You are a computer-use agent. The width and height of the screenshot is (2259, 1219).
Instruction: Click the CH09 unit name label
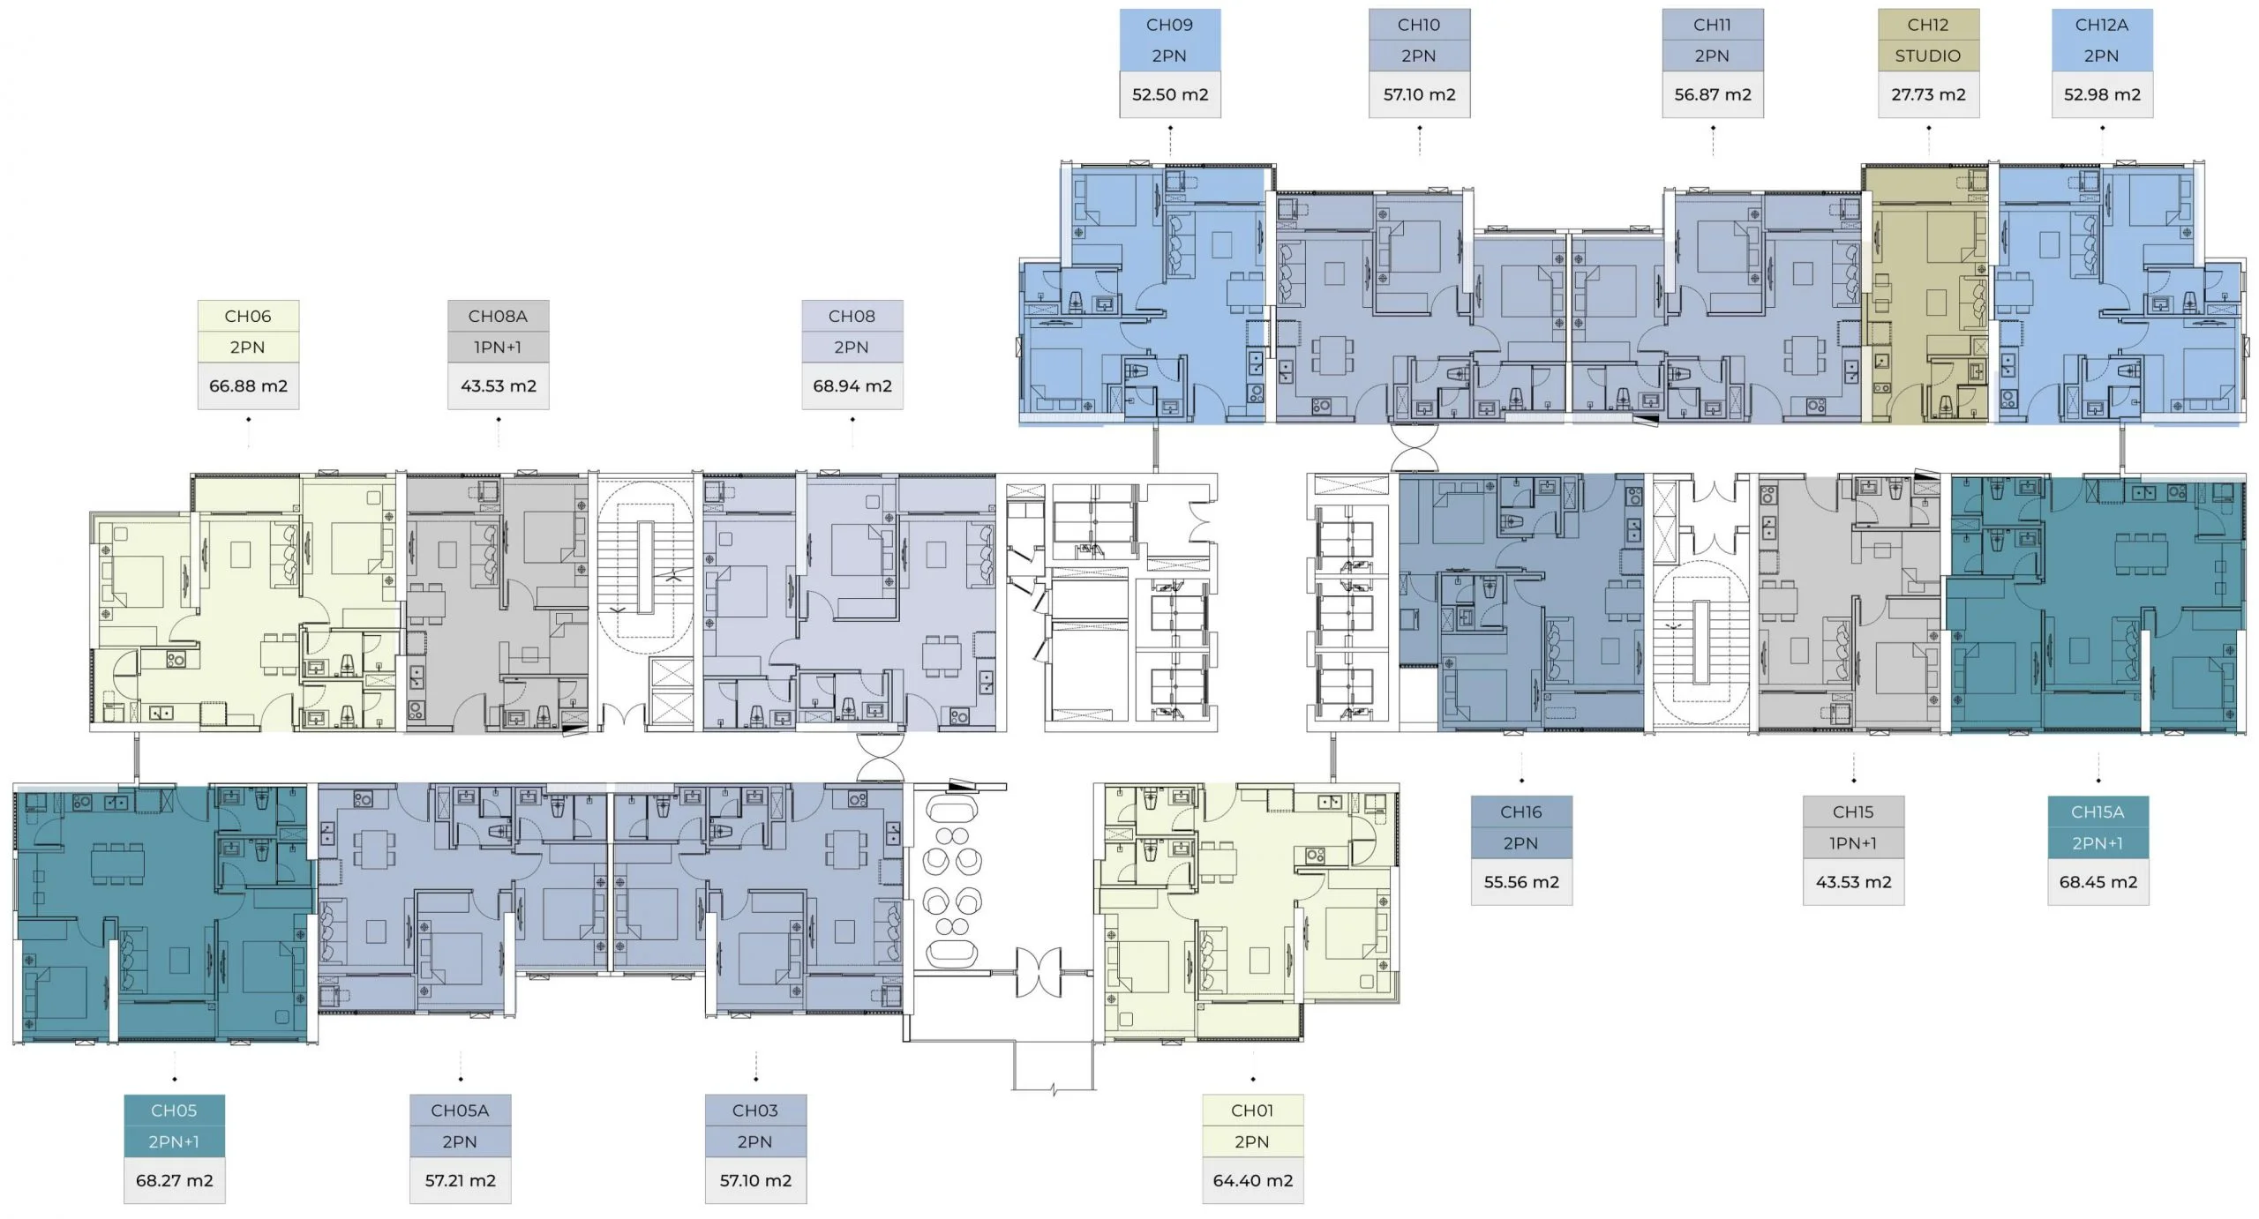pos(1169,25)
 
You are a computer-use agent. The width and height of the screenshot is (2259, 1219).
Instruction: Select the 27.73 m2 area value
pos(1928,94)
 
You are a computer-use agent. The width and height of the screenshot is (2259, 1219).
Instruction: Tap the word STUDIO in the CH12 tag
pos(1928,56)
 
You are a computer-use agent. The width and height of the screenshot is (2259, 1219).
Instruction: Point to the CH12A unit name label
pos(2101,25)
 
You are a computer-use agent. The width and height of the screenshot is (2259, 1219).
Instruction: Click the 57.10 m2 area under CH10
pos(1419,94)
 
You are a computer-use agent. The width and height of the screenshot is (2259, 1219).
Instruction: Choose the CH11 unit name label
pos(1712,25)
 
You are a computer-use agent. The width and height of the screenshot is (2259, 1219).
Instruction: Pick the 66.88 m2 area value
pos(248,385)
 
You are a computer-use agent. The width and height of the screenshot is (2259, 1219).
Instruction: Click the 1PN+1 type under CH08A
pos(498,347)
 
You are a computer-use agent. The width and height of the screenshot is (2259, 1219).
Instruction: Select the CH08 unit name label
pos(852,316)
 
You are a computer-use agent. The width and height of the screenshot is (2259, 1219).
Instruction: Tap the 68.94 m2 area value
pos(852,385)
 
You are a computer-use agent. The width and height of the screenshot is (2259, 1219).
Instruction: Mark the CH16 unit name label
pos(1520,811)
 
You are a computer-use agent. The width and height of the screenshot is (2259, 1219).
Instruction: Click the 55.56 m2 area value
pos(1520,881)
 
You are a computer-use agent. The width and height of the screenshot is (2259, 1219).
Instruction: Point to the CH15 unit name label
pos(1852,811)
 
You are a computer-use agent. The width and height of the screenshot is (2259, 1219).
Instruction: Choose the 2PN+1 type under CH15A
pos(2098,843)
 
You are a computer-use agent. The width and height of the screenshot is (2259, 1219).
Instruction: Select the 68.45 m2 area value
pos(2098,881)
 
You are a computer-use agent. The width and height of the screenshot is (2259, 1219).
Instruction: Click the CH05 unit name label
pos(174,1111)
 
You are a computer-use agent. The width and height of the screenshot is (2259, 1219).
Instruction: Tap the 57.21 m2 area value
pos(460,1180)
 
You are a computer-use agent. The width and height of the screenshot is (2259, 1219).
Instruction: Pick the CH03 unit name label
pos(754,1111)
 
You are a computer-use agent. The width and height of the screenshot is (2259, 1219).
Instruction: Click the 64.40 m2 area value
pos(1252,1180)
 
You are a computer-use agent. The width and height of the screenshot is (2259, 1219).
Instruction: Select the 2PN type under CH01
pos(1252,1141)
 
